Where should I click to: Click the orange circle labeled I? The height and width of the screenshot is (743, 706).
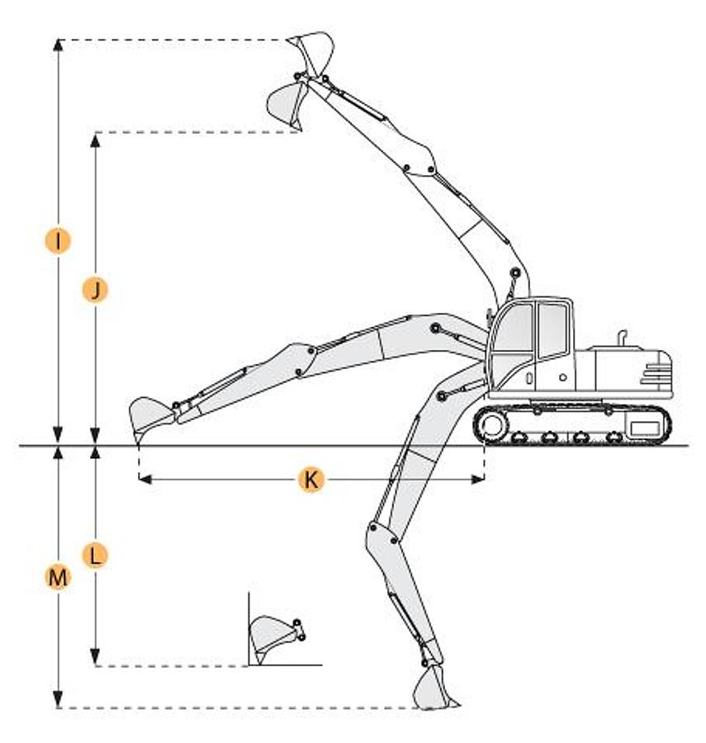(58, 241)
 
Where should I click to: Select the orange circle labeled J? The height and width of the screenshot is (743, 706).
(95, 290)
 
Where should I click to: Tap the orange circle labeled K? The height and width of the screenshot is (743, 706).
(311, 480)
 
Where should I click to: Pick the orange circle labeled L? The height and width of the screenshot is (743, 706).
(95, 556)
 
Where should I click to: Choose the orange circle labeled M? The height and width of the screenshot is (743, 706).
(58, 578)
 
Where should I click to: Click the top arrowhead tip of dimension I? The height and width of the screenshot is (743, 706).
(58, 39)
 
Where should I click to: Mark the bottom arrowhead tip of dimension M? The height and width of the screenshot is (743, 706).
(58, 707)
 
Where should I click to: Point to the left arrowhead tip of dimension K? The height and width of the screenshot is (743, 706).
(140, 480)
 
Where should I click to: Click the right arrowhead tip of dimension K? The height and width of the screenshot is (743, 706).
(484, 480)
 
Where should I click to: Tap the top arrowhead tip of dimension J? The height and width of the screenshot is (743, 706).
(95, 133)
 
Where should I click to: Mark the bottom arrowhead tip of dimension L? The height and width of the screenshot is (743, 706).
(95, 665)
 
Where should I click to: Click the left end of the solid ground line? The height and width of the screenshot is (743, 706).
(19, 446)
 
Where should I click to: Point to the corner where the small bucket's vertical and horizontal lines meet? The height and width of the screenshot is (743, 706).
(249, 665)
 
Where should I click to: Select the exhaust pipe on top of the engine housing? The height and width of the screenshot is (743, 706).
(622, 338)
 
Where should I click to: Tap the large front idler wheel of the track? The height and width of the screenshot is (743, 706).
(493, 425)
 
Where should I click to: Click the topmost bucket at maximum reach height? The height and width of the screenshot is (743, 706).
(310, 54)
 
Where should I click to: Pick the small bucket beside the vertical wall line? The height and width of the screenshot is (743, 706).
(275, 638)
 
